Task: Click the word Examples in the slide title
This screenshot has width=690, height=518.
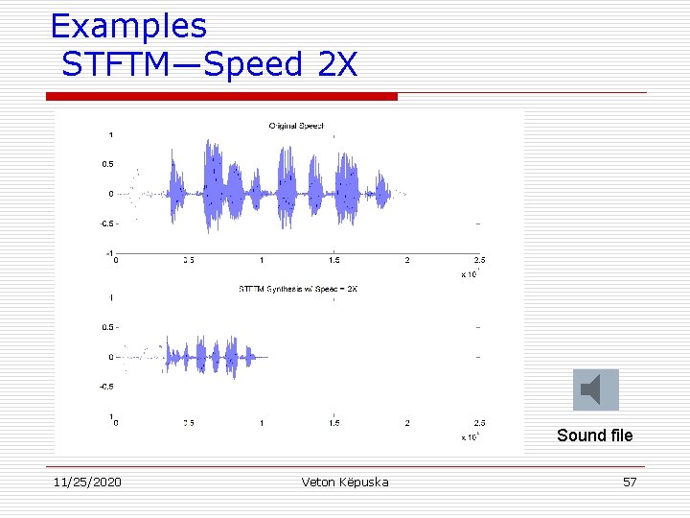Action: pyautogui.click(x=128, y=26)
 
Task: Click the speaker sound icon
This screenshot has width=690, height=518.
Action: pyautogui.click(x=595, y=390)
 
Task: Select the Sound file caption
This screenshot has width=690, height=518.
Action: pyautogui.click(x=594, y=436)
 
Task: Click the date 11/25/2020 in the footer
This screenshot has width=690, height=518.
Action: pyautogui.click(x=86, y=482)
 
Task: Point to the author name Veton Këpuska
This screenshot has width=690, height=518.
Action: pyautogui.click(x=344, y=482)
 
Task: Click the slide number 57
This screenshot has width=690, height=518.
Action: pyautogui.click(x=629, y=482)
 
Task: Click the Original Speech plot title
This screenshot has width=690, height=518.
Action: pyautogui.click(x=296, y=126)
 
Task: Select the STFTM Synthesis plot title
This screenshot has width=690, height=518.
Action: pyautogui.click(x=297, y=288)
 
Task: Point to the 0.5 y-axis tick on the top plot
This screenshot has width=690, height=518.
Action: pyautogui.click(x=108, y=164)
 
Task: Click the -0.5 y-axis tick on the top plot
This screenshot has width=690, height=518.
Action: pyautogui.click(x=106, y=224)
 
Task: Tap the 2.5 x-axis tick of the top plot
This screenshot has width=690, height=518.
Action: pyautogui.click(x=479, y=260)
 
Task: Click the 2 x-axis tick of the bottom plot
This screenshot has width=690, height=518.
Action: pyautogui.click(x=407, y=422)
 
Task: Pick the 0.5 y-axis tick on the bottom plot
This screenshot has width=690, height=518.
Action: pyautogui.click(x=108, y=327)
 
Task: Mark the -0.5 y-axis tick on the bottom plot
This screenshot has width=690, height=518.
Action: pyautogui.click(x=106, y=387)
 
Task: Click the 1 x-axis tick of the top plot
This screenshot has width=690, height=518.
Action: pyautogui.click(x=262, y=260)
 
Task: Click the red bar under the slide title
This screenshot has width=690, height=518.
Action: pyautogui.click(x=221, y=96)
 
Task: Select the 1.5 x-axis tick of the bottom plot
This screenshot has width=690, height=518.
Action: pyautogui.click(x=333, y=422)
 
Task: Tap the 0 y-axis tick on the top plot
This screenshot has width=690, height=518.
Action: pyautogui.click(x=111, y=194)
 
